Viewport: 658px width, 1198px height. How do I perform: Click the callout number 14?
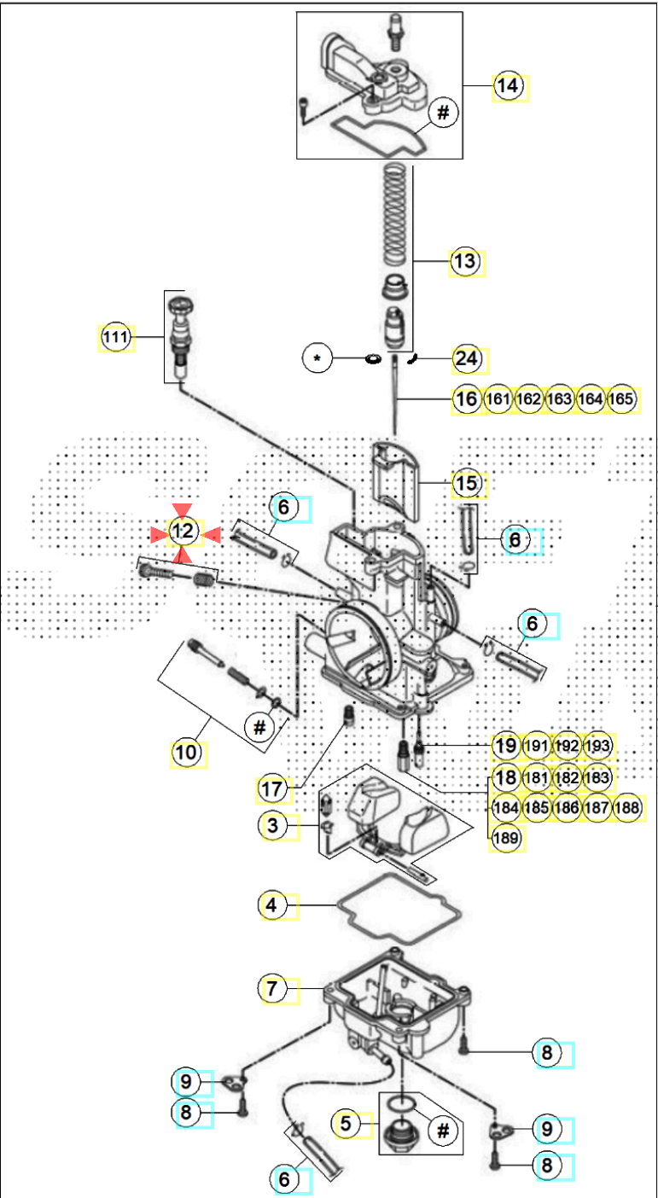tap(508, 86)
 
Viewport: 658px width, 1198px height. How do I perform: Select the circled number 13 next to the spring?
tap(466, 262)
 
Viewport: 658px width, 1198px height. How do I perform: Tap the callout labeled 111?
tap(115, 338)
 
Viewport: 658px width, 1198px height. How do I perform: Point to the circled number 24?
tap(467, 359)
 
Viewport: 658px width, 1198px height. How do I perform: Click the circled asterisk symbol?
tap(317, 359)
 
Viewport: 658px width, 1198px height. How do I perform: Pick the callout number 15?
tap(467, 484)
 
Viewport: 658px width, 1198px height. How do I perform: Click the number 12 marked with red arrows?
tap(183, 532)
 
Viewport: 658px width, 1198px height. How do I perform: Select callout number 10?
tap(187, 753)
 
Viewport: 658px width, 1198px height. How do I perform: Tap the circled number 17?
tap(271, 789)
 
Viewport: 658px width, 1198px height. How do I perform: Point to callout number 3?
tap(273, 826)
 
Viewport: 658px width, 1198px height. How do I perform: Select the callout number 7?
tap(272, 989)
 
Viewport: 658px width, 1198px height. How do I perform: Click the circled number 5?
tap(346, 1124)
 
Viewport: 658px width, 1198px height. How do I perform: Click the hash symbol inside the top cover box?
tap(443, 113)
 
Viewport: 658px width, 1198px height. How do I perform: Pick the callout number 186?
tap(568, 806)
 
